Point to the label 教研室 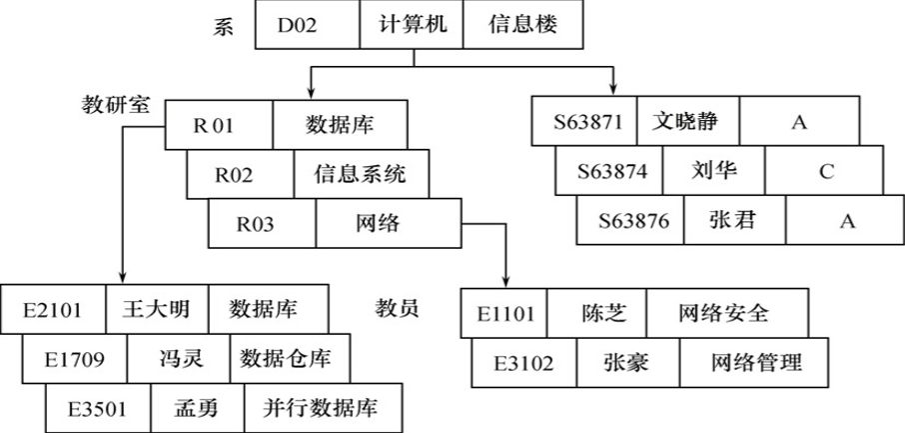click(117, 103)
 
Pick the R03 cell click(262, 222)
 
